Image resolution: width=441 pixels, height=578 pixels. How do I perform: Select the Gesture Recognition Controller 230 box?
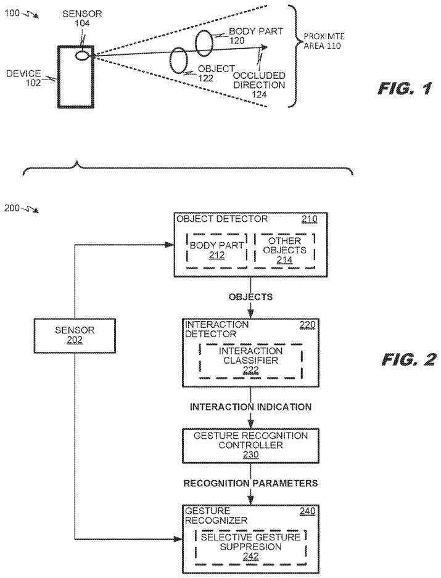pos(250,445)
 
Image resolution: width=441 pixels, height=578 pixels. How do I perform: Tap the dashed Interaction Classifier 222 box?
pos(250,360)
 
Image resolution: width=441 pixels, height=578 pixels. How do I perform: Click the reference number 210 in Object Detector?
pos(309,219)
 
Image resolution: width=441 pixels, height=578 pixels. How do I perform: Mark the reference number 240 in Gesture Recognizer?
pos(309,511)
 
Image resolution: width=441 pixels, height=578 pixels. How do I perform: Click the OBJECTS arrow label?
pos(250,297)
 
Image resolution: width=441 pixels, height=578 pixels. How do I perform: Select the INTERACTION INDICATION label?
pos(250,407)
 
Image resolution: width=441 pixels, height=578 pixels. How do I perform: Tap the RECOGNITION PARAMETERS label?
pos(250,483)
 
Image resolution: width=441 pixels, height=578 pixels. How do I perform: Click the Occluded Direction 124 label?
pos(259,84)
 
